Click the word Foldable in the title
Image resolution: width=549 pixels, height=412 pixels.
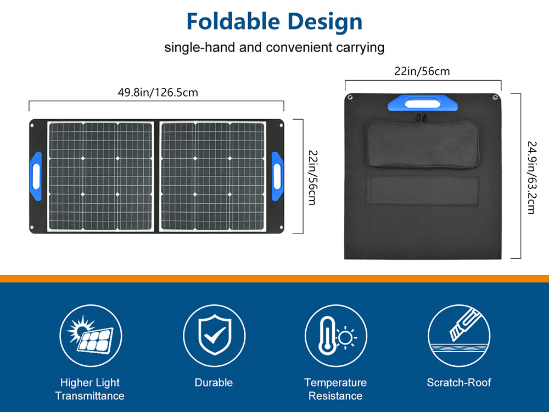[233, 21]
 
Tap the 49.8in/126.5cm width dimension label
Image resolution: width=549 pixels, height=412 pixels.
[158, 92]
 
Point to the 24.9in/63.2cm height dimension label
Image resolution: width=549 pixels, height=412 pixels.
[532, 177]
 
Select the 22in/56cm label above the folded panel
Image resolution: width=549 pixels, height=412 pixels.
[422, 71]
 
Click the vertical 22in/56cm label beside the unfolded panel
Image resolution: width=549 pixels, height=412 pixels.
[312, 177]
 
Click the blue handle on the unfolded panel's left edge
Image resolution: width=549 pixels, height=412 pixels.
[36, 176]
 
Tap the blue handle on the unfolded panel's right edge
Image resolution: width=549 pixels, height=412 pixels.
[277, 176]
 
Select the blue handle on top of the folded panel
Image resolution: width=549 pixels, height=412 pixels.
[423, 103]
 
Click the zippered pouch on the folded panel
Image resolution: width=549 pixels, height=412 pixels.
[423, 144]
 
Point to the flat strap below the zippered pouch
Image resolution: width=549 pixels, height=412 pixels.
[422, 190]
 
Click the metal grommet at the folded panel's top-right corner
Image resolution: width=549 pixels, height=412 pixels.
[495, 97]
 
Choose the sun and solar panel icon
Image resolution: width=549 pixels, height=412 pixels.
[91, 336]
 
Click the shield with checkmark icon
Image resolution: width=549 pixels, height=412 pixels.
[214, 336]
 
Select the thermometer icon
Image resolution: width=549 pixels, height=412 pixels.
[328, 336]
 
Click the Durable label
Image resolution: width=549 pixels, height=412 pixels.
[214, 382]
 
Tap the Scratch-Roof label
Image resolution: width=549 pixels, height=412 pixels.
[459, 382]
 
